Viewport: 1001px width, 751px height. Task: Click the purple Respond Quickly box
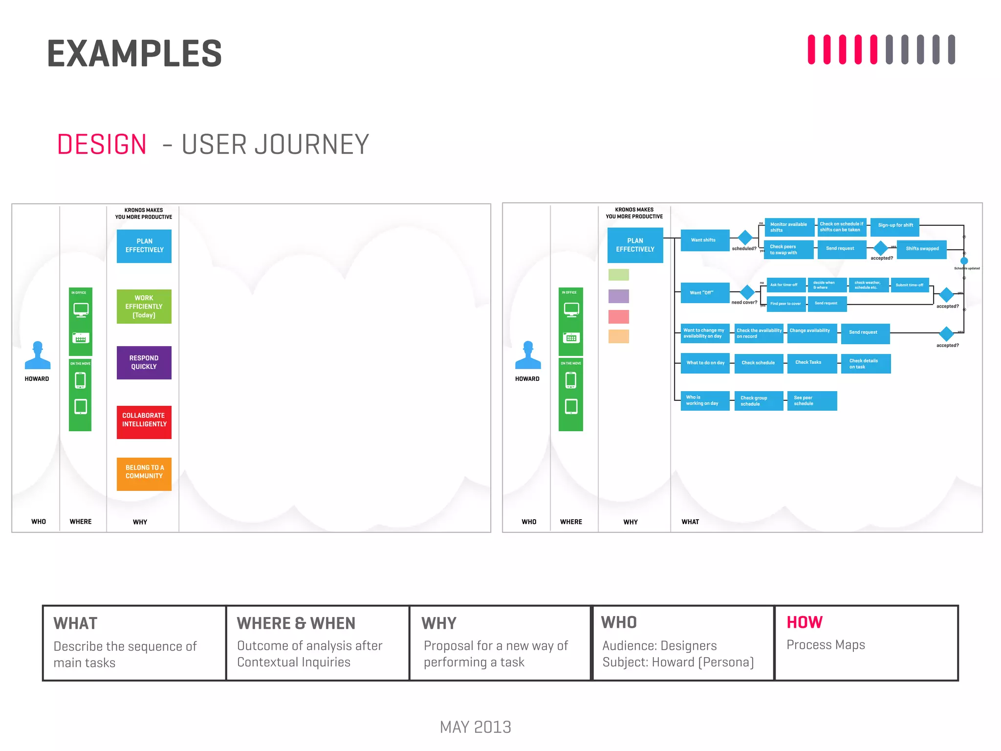pos(144,362)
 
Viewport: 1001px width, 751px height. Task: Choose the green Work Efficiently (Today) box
pos(144,307)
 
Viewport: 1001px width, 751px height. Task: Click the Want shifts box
pos(704,240)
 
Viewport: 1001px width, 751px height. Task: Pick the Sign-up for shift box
pos(894,226)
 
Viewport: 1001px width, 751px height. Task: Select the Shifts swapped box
pos(921,249)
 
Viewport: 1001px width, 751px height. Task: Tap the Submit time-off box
pos(909,285)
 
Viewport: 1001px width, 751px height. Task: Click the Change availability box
pos(811,332)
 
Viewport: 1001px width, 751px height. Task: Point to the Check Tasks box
pos(811,363)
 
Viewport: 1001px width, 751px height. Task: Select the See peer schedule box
pos(811,401)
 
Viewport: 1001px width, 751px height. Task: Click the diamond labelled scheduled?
pos(745,238)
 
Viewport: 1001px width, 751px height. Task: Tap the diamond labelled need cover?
pos(747,292)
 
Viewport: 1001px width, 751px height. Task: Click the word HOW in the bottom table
pos(804,622)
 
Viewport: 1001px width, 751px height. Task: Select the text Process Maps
pos(826,645)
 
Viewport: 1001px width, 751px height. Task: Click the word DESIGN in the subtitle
pos(102,145)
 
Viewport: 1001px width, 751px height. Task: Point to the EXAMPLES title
pos(134,54)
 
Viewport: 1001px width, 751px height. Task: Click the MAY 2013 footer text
pos(475,727)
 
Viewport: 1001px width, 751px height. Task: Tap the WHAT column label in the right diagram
pos(690,522)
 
